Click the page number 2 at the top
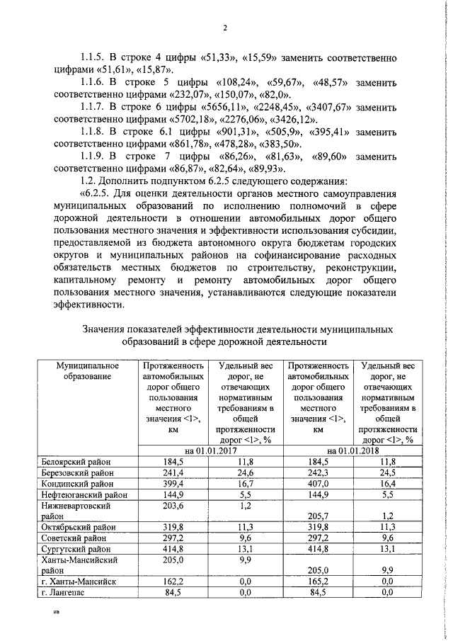[x=224, y=28]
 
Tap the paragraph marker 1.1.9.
[x=91, y=156]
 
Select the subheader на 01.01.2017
[x=210, y=450]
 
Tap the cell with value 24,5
[x=388, y=472]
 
